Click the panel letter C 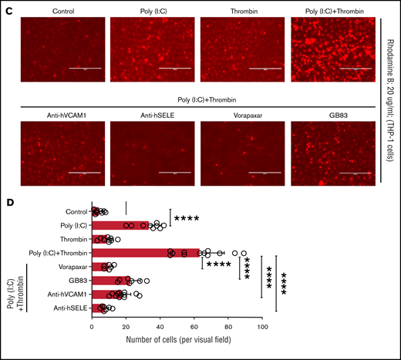pos(8,7)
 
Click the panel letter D pos(8,185)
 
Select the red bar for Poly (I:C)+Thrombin pos(147,252)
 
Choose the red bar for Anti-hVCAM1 pos(106,294)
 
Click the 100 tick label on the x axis pos(264,327)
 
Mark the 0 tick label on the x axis pos(92,327)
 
